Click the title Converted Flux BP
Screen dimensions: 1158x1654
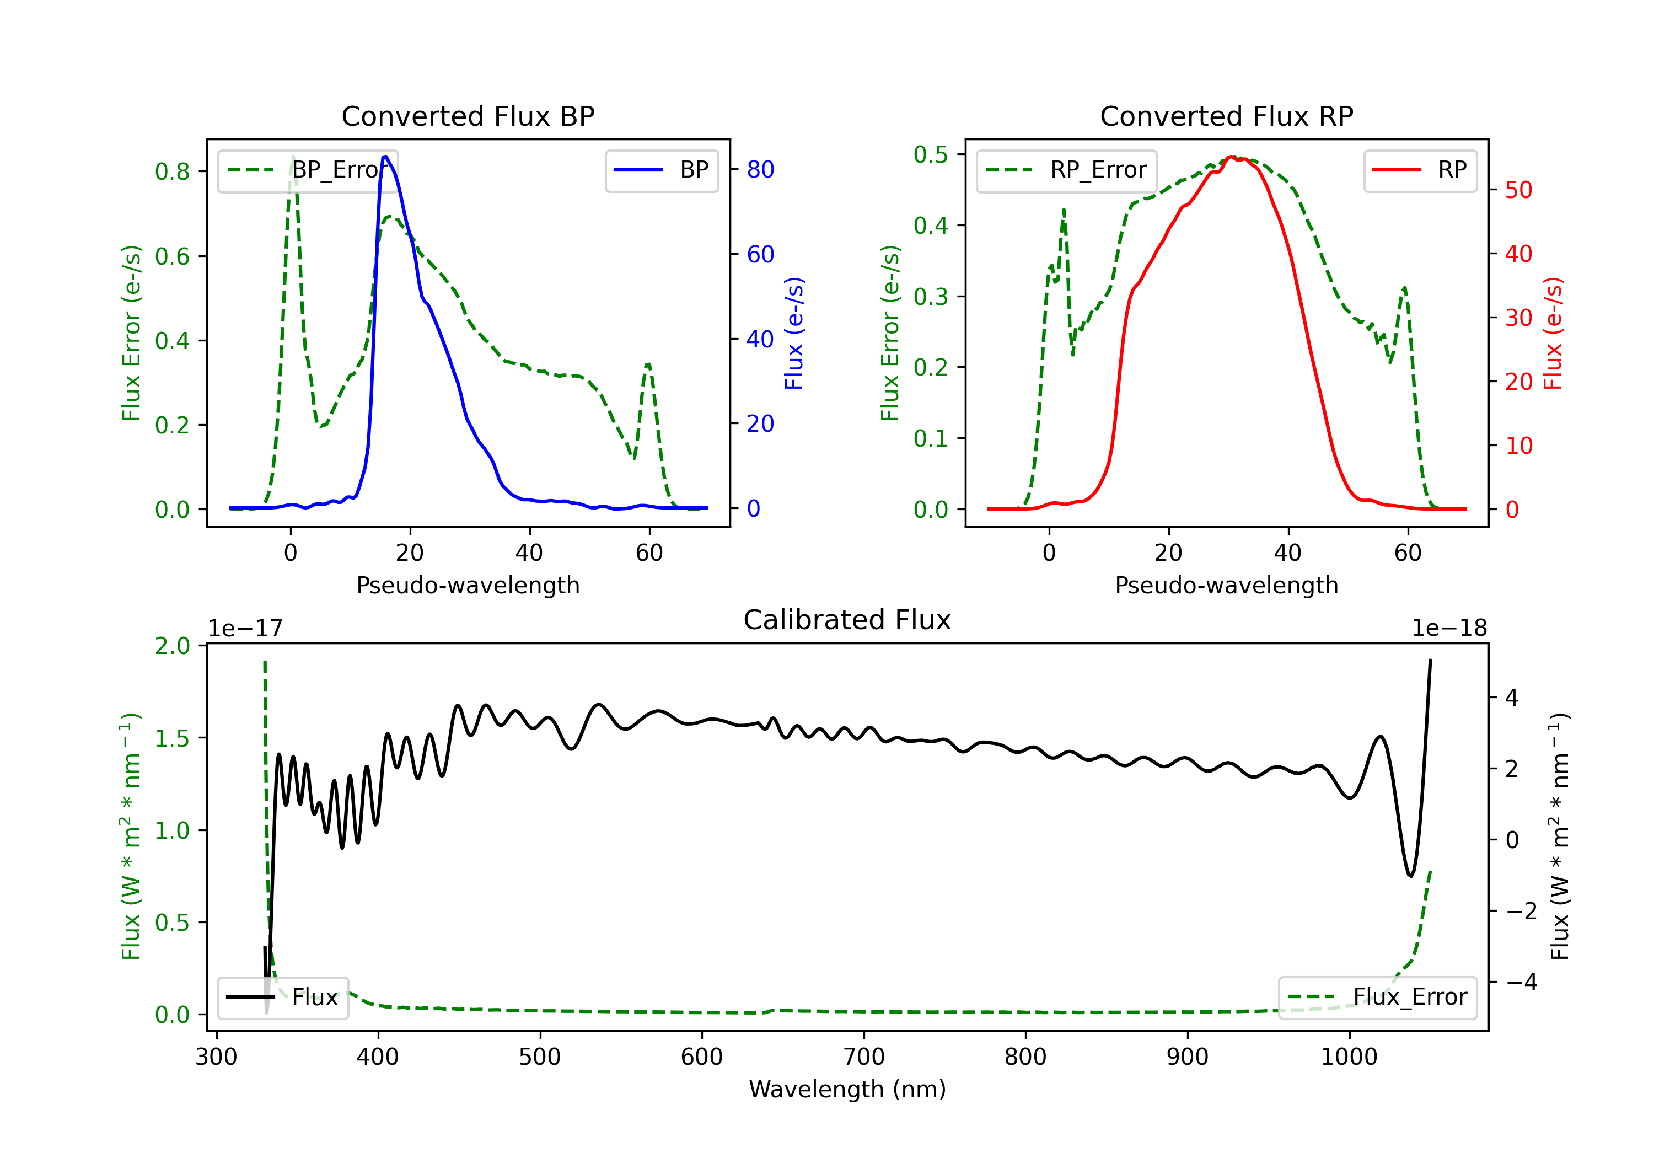(x=468, y=116)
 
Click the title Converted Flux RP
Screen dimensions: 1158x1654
(x=1226, y=116)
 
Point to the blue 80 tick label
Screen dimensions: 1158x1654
(x=760, y=169)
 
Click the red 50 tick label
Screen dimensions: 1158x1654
(x=1518, y=190)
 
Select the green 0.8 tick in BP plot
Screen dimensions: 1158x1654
(x=172, y=171)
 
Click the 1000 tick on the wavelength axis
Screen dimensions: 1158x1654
(x=1349, y=1057)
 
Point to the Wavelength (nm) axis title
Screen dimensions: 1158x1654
(x=847, y=1089)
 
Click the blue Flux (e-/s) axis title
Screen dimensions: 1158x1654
(x=794, y=333)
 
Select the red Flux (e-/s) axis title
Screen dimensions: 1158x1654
(x=1553, y=333)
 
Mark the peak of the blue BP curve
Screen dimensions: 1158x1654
(x=385, y=157)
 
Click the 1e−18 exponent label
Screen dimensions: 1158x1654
(x=1449, y=629)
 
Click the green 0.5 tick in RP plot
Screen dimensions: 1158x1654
(x=930, y=154)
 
